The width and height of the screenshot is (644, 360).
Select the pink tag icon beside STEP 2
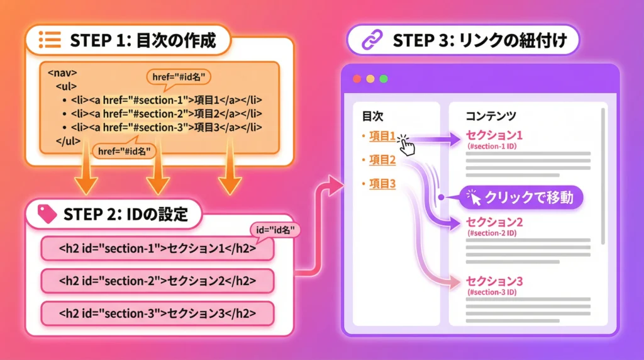pos(47,214)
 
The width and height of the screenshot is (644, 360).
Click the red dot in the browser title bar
pos(357,79)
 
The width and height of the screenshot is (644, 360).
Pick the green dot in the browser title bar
pos(384,79)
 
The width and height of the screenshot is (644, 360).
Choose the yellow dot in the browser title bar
pos(370,79)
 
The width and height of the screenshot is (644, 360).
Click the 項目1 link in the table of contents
pos(382,136)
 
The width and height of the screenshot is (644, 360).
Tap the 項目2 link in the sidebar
pos(382,160)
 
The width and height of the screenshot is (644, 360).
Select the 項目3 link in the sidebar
pos(382,184)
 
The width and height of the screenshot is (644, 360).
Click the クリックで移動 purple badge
pos(521,198)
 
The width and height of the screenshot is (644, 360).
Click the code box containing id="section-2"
pos(157,280)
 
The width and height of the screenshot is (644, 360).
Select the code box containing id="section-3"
pos(157,313)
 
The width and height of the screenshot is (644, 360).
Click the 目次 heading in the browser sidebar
pos(372,116)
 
